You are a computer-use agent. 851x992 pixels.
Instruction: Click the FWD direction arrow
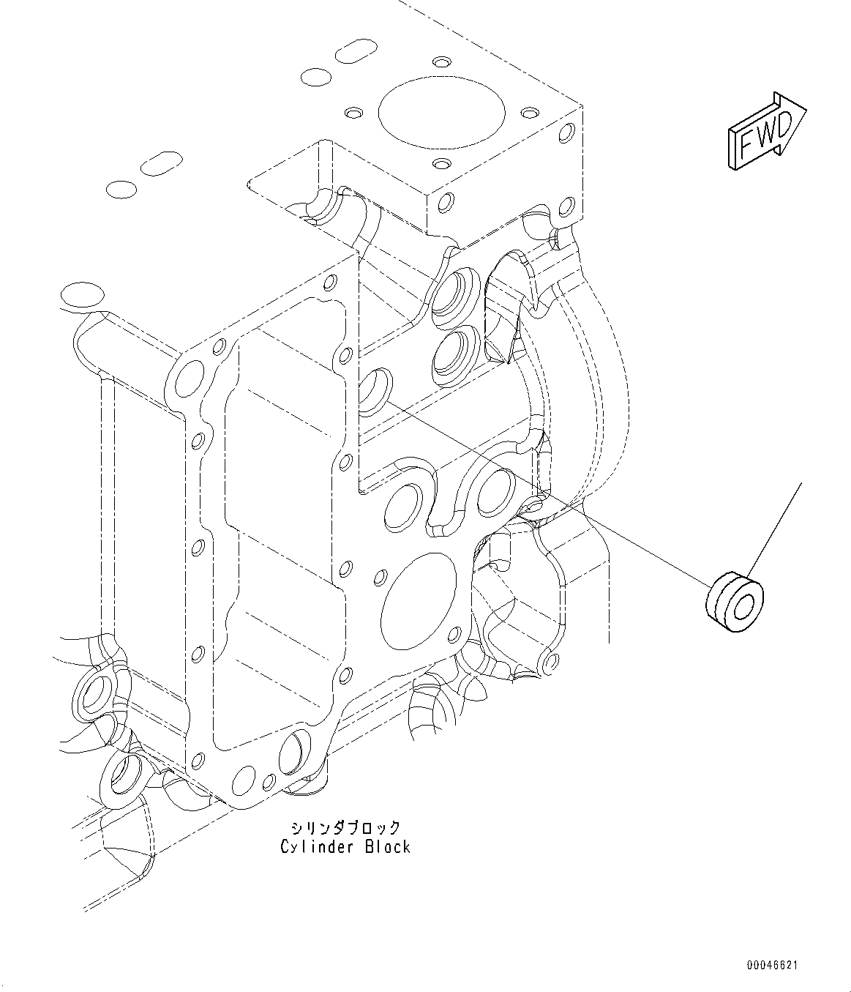pos(766,133)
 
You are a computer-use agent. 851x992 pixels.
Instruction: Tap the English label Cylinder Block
pos(345,847)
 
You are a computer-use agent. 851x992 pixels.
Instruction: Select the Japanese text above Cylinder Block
pos(345,828)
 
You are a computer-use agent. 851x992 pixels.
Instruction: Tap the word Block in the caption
pos(386,847)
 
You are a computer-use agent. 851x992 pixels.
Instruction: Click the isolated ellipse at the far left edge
pos(82,295)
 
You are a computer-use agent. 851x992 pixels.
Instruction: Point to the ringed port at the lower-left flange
pos(95,693)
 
